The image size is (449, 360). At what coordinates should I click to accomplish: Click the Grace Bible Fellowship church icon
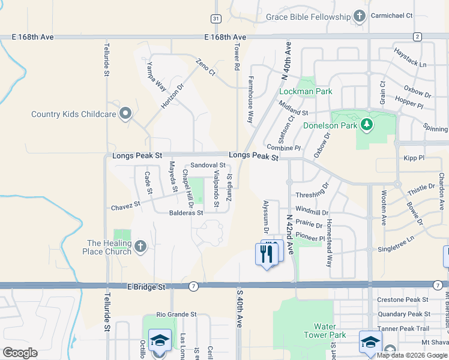pos(360,16)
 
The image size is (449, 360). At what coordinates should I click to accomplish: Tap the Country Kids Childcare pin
pos(125,113)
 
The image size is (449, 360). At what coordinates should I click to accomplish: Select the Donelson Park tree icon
pos(366,125)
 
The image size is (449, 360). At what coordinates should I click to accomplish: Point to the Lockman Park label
pos(306,92)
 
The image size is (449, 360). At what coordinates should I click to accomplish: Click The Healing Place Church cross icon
pos(140,246)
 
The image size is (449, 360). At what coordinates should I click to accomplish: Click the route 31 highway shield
pos(217,19)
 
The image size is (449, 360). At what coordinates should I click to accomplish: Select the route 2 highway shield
pos(417,37)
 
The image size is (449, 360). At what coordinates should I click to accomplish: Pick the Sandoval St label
pos(208,165)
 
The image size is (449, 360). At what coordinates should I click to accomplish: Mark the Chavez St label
pos(125,206)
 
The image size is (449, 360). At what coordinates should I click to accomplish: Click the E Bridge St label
pos(146,287)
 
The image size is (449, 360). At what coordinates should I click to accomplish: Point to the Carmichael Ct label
pos(392,16)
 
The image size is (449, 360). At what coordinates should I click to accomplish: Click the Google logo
pos(20,353)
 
